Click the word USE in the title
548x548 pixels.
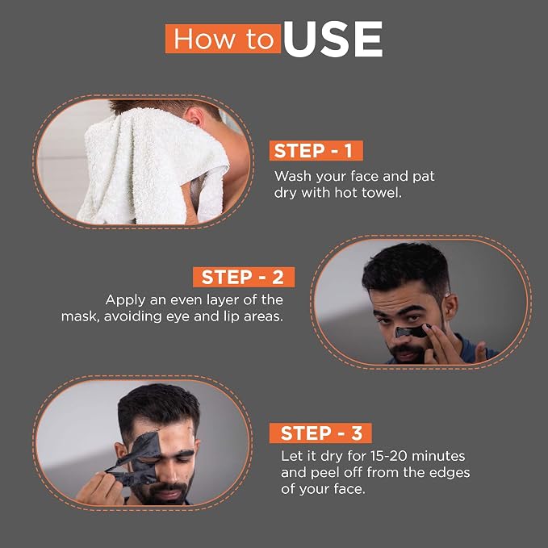[x=333, y=39]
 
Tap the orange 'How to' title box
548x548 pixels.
[x=223, y=39]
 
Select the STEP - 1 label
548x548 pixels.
[x=316, y=151]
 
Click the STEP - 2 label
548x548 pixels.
[x=244, y=277]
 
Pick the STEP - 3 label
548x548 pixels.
[x=320, y=433]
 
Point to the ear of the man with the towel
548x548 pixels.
[x=195, y=117]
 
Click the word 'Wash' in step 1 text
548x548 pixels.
[x=292, y=176]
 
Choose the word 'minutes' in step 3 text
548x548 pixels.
[x=438, y=456]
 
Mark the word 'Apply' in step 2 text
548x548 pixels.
[x=125, y=300]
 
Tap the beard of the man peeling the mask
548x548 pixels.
[x=164, y=491]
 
